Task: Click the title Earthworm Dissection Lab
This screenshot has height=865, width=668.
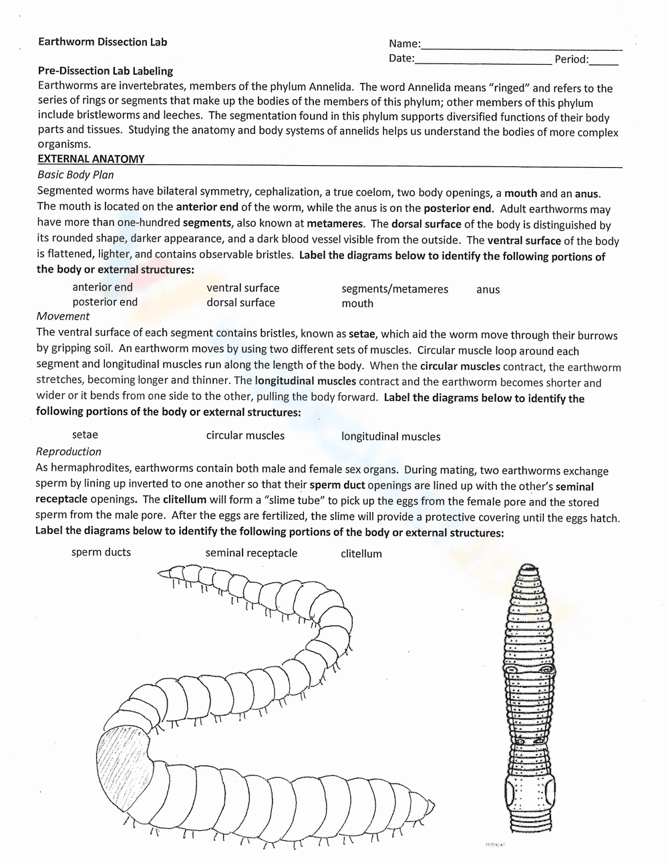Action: coord(102,42)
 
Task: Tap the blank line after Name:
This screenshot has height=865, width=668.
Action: coord(521,47)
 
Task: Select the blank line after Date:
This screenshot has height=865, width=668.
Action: coord(482,61)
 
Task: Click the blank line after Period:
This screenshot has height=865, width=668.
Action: coord(603,62)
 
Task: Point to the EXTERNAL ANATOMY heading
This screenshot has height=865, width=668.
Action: coord(91,159)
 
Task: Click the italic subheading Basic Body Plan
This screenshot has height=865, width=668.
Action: coord(75,175)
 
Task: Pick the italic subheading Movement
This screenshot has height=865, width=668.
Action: coord(63,316)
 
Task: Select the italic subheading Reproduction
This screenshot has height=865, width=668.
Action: coord(69,452)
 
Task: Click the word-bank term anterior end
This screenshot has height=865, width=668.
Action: coord(102,287)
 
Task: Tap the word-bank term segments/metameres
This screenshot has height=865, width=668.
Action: coord(394,289)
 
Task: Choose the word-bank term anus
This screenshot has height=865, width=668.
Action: coord(488,290)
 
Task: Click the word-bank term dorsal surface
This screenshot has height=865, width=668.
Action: coord(240,303)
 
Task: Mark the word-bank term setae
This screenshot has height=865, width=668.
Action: coord(85,435)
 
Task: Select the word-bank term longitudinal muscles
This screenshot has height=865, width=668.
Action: coord(391,437)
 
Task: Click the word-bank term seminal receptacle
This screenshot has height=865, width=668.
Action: coord(251,553)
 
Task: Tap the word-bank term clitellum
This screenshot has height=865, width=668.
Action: coord(361,554)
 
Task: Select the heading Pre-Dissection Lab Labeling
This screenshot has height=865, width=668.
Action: coord(105,71)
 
